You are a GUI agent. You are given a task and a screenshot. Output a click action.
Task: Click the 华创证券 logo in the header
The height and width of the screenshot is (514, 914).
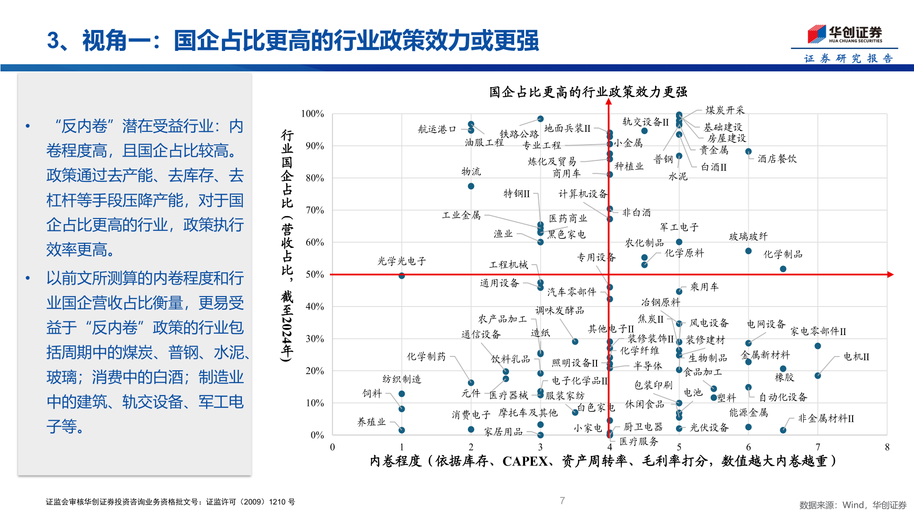[844, 34]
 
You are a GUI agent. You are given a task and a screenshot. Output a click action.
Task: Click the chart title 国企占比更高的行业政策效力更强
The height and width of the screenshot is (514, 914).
[588, 92]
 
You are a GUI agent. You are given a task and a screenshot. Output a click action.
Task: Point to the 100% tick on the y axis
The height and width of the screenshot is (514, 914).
[312, 114]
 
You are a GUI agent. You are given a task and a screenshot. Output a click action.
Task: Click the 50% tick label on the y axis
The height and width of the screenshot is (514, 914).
[315, 275]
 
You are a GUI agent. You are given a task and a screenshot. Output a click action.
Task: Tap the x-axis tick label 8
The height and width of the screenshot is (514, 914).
[887, 447]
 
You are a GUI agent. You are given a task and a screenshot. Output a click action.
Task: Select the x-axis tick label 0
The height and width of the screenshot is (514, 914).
[332, 447]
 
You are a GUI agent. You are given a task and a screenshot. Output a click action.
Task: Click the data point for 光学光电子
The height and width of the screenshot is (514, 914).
[402, 276]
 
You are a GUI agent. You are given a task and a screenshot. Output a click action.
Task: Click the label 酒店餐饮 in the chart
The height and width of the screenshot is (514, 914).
[777, 159]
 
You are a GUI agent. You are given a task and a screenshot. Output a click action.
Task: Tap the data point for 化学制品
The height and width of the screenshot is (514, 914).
[783, 269]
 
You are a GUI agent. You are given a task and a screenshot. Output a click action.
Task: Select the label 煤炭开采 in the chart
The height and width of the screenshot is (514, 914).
[725, 110]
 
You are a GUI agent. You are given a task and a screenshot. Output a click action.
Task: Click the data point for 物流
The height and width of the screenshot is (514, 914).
[471, 186]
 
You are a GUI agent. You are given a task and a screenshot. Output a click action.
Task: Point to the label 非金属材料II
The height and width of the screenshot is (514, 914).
[826, 418]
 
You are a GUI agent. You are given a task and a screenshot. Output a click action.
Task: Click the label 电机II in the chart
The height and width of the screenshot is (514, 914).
[856, 356]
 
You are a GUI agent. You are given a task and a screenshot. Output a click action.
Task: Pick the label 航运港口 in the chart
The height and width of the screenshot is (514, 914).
[437, 129]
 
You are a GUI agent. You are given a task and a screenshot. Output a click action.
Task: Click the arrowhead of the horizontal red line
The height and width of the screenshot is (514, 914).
[890, 275]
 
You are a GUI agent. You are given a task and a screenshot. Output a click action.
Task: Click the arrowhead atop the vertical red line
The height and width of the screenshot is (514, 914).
[609, 102]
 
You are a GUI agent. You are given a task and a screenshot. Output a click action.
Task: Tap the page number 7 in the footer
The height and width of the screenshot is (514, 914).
[562, 500]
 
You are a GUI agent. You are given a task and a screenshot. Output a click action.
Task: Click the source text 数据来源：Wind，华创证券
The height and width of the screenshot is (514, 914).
[853, 505]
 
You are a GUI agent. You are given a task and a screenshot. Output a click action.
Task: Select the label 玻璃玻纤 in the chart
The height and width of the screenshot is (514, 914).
[748, 237]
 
